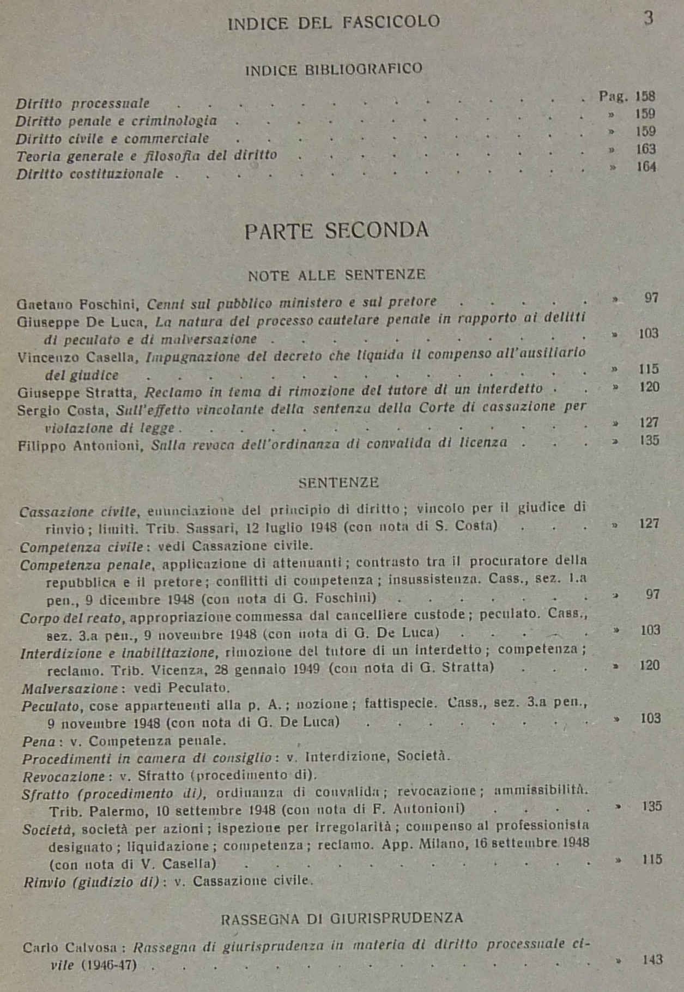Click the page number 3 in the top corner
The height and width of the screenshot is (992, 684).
pyautogui.click(x=648, y=18)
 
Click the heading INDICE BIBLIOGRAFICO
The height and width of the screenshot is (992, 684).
pyautogui.click(x=334, y=69)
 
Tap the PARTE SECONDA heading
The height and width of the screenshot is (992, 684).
pyautogui.click(x=336, y=231)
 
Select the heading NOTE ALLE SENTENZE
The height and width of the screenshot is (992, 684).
pyautogui.click(x=336, y=275)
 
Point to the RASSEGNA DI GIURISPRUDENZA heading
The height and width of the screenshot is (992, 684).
pyautogui.click(x=342, y=918)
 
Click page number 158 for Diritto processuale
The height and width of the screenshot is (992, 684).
pyautogui.click(x=645, y=96)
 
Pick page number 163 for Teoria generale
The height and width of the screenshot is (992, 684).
pyautogui.click(x=646, y=149)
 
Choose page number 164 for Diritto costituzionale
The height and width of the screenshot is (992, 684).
pyautogui.click(x=646, y=167)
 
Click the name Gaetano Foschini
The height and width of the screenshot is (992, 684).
pyautogui.click(x=78, y=304)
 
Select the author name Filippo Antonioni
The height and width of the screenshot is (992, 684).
pyautogui.click(x=80, y=445)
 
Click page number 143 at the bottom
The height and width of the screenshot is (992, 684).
pyautogui.click(x=652, y=960)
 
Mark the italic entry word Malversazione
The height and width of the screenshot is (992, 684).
pyautogui.click(x=70, y=688)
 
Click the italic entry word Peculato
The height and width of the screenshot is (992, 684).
pyautogui.click(x=51, y=706)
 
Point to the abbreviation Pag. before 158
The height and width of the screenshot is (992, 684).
pyautogui.click(x=613, y=96)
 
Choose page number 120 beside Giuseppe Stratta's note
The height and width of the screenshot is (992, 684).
pyautogui.click(x=649, y=387)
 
